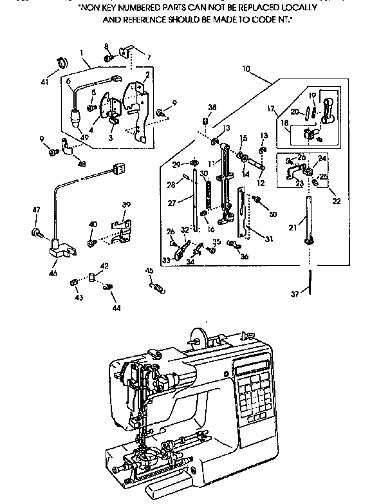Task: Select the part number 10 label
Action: (246, 68)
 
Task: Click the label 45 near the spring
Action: (149, 270)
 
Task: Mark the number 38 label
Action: (212, 107)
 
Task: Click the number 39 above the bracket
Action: (126, 205)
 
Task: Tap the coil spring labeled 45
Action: (158, 289)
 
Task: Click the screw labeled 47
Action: (37, 230)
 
